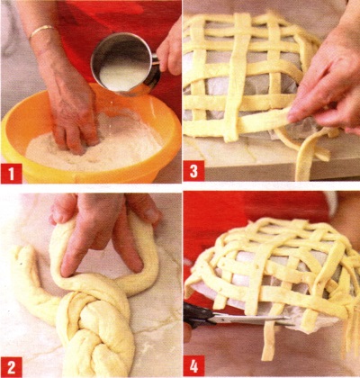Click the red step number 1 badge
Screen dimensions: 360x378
(x=12, y=174)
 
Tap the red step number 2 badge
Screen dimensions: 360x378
(x=12, y=366)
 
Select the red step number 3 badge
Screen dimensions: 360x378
(x=193, y=171)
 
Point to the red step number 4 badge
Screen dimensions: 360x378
(x=193, y=365)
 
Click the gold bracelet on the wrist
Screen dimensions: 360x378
(x=42, y=31)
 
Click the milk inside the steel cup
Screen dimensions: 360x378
(x=123, y=74)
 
